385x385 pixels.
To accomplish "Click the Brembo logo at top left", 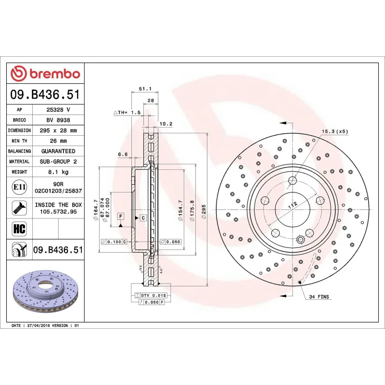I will (x=45, y=74).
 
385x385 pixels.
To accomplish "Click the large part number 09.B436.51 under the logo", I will (x=45, y=95).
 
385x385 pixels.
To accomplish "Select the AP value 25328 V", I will (x=58, y=110).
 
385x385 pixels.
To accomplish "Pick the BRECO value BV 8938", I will (x=58, y=120).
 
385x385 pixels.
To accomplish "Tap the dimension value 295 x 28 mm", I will (x=58, y=130).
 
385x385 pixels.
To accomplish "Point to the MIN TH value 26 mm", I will (x=58, y=141).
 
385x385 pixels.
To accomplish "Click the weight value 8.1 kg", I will (x=58, y=172).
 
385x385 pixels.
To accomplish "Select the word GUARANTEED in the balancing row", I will (x=58, y=151).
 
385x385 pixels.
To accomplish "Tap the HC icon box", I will (x=20, y=228).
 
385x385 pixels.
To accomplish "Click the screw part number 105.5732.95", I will (x=58, y=211).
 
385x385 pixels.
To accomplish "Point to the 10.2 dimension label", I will (x=166, y=124).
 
